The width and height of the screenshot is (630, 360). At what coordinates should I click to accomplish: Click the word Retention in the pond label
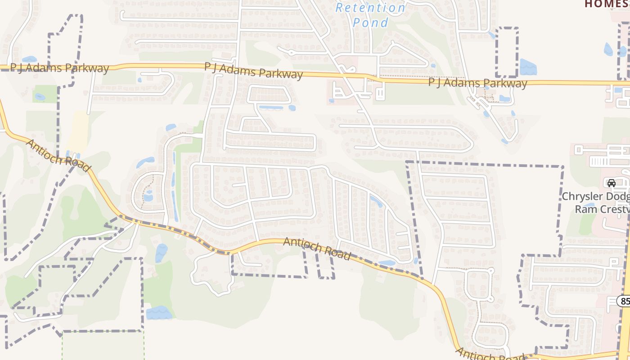point(370,8)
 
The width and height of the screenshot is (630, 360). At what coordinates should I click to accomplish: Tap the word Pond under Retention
point(370,22)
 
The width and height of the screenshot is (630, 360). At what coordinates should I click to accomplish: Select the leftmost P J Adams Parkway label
point(60,68)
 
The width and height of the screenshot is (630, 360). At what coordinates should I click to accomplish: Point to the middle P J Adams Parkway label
point(253,70)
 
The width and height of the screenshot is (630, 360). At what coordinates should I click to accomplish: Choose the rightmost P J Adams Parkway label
point(477,83)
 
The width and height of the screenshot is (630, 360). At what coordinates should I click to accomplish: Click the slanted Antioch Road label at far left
point(58,156)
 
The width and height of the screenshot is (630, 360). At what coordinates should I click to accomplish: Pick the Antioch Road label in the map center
point(317,248)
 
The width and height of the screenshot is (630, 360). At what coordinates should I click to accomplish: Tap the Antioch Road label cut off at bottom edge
point(490,355)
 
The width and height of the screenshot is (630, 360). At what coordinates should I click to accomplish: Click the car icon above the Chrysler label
point(611,183)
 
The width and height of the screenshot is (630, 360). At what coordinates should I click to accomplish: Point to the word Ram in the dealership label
point(585,209)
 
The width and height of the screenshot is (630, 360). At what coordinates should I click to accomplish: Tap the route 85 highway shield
point(624,301)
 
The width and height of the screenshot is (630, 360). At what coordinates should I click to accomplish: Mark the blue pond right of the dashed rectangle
point(527,67)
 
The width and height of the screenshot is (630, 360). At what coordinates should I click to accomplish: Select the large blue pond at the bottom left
point(158,312)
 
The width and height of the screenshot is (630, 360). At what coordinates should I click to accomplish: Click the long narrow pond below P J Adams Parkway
point(271,108)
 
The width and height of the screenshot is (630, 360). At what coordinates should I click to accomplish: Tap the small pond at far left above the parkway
point(29,59)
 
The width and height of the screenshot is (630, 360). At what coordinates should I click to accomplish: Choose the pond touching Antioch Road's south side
point(386,263)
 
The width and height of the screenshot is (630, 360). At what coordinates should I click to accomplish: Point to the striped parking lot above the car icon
point(599,161)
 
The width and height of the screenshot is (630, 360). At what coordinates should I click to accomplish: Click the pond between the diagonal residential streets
point(376,201)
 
